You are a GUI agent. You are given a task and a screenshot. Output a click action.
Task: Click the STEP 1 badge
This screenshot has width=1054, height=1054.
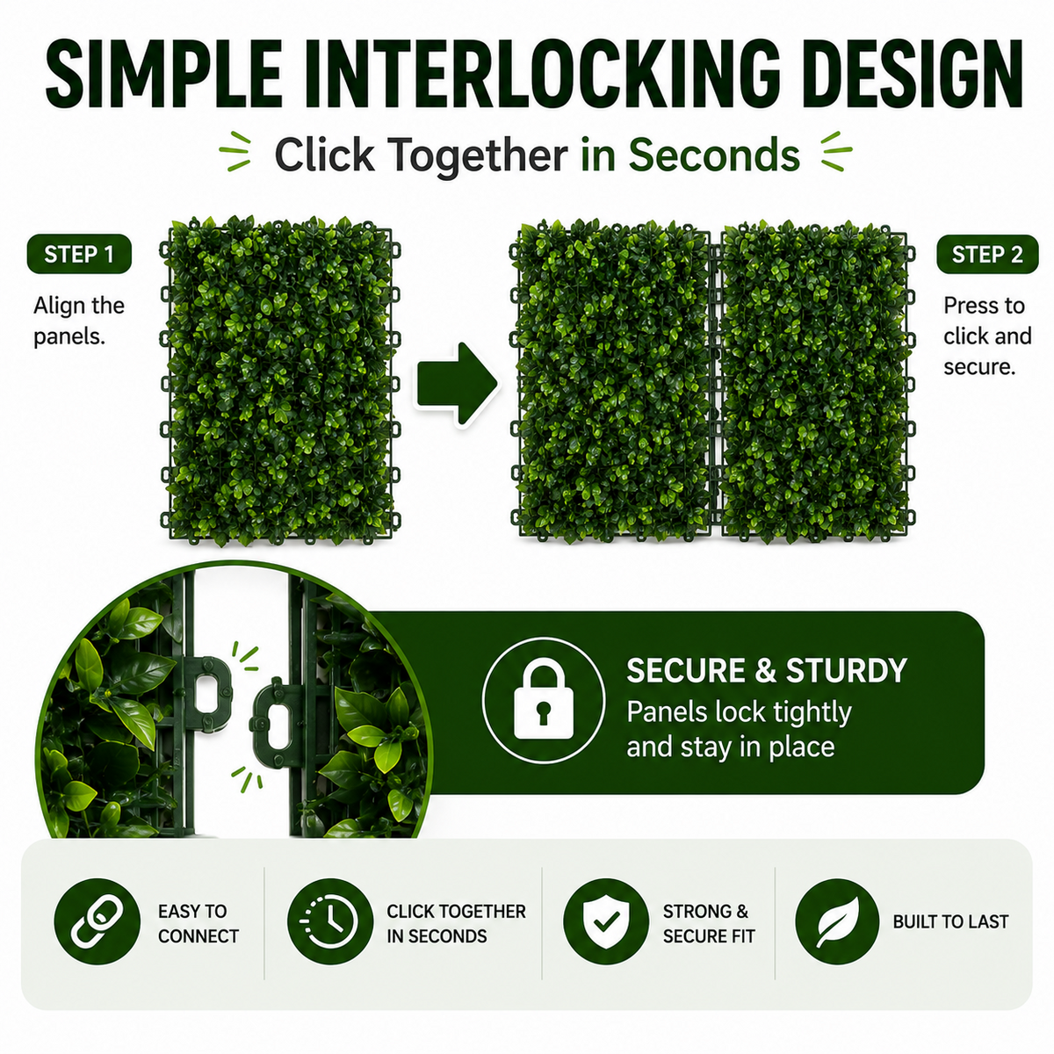point(79,254)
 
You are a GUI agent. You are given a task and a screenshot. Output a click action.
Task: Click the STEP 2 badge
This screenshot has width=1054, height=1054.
point(986,255)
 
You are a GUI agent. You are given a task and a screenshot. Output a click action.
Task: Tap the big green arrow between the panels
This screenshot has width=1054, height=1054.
point(457,384)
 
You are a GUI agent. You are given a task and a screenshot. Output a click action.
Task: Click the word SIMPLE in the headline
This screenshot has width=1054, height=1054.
point(164,73)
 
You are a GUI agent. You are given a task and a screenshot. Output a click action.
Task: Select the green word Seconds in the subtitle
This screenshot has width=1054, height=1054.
point(714,155)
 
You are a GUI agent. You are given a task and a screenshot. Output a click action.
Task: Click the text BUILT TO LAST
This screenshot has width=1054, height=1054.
point(950,921)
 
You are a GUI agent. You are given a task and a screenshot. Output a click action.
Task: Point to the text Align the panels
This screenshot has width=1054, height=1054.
point(79,321)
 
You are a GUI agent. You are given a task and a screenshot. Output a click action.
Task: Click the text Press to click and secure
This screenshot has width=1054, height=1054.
point(986,336)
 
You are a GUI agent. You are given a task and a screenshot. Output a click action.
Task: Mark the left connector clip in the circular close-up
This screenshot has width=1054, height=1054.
point(207,694)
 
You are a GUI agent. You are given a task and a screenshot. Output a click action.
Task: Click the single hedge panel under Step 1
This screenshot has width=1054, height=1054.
point(280,380)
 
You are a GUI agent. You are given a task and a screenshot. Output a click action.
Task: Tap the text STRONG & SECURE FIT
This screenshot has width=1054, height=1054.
point(708,923)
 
